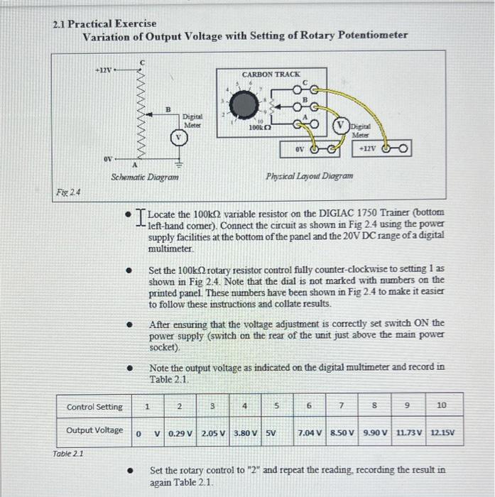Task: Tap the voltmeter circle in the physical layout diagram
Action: point(341,128)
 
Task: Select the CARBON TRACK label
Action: point(271,74)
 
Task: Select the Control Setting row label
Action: point(94,407)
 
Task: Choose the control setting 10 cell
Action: point(442,406)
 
